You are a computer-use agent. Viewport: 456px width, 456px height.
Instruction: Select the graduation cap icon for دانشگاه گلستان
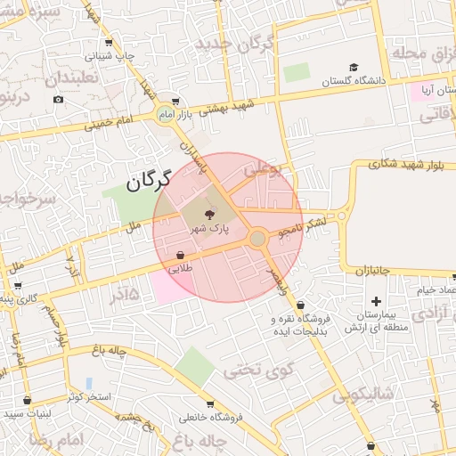pos(354,68)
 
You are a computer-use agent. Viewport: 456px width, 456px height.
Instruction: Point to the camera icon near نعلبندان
pos(58,98)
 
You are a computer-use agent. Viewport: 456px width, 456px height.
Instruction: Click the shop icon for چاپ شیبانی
pos(110,43)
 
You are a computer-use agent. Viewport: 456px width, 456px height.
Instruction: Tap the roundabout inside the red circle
pos(257,239)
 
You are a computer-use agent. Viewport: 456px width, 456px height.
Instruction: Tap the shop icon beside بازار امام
pos(175,101)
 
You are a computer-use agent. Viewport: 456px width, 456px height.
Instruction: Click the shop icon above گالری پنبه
pos(18,286)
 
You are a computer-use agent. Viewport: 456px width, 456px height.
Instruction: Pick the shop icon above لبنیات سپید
pos(27,400)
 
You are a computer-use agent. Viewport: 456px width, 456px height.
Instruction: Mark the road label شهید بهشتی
pos(226,109)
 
